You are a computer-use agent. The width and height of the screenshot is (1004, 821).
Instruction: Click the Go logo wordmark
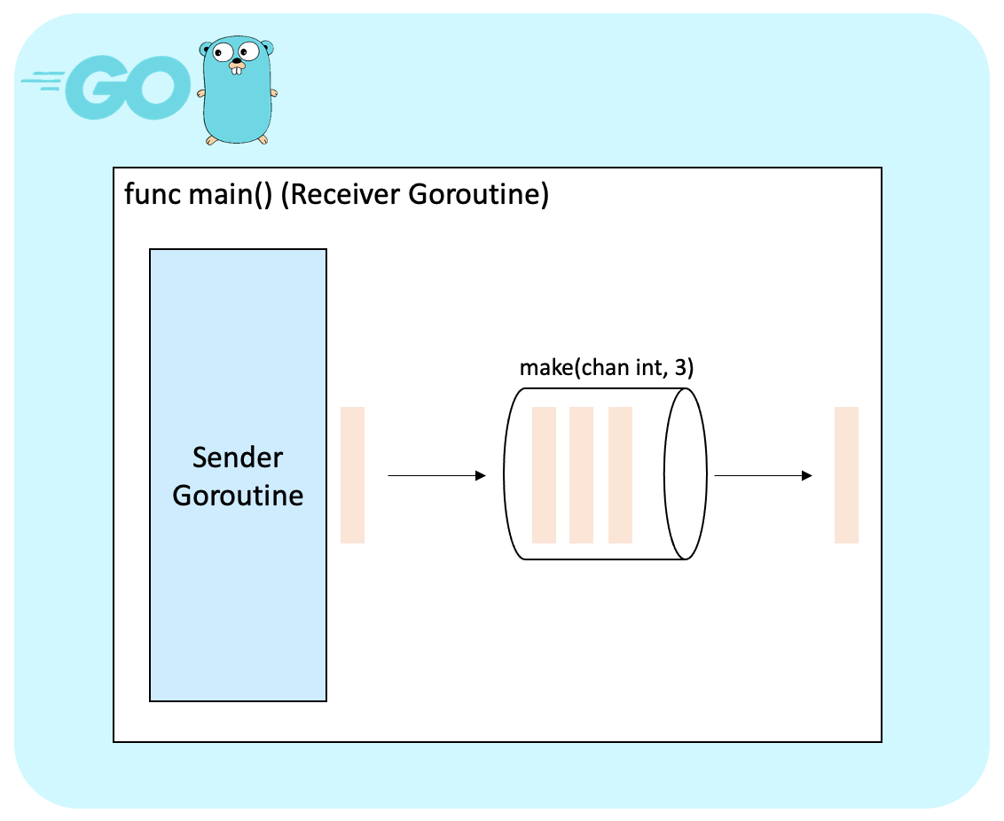click(106, 87)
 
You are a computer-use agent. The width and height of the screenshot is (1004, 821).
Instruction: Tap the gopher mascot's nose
click(237, 62)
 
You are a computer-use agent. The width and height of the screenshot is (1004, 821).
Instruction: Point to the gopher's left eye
click(222, 52)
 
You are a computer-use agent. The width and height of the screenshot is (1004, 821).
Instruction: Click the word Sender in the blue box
click(238, 457)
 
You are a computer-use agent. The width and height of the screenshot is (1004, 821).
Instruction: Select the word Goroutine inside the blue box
click(238, 496)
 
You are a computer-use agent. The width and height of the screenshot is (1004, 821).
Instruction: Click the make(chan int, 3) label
click(607, 368)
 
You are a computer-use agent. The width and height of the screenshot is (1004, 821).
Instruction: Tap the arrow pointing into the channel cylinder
click(436, 475)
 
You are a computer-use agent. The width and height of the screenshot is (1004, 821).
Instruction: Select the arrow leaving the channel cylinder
click(763, 475)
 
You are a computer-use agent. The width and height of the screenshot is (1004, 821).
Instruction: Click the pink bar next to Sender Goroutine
click(352, 475)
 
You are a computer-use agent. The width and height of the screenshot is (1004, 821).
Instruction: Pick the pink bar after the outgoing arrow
click(846, 475)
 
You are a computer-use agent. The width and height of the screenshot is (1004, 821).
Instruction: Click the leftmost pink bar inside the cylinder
click(544, 475)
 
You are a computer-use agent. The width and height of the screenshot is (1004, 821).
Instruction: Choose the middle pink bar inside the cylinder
click(581, 475)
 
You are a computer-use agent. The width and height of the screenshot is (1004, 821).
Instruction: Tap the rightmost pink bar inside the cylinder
click(620, 475)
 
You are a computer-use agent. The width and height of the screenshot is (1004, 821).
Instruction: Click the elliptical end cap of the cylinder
click(706, 474)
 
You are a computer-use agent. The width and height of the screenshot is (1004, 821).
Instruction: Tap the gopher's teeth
click(237, 69)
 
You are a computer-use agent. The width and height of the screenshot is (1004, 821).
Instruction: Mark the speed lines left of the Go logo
click(43, 82)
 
